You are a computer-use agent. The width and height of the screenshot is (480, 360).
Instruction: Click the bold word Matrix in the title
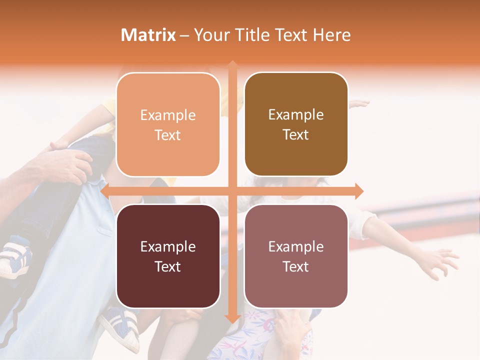pyautogui.click(x=148, y=35)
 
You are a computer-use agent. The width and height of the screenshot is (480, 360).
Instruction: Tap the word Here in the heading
pyautogui.click(x=331, y=35)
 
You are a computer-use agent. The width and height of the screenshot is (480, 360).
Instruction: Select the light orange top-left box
pyautogui.click(x=168, y=124)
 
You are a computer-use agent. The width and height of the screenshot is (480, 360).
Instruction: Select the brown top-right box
pyautogui.click(x=296, y=124)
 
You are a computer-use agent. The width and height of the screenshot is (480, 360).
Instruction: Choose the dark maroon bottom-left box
pyautogui.click(x=168, y=256)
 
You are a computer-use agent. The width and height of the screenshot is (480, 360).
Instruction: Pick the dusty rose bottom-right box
pyautogui.click(x=296, y=256)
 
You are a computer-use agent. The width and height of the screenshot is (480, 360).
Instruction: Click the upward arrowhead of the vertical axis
pyautogui.click(x=232, y=64)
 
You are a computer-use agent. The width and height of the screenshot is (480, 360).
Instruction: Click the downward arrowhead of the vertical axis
pyautogui.click(x=232, y=318)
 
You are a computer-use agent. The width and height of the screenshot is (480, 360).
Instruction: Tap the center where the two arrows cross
pyautogui.click(x=232, y=191)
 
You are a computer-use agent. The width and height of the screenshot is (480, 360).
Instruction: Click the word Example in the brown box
pyautogui.click(x=296, y=114)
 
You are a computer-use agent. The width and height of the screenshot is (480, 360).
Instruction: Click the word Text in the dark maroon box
pyautogui.click(x=168, y=266)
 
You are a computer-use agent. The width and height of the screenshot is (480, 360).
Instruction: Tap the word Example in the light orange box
pyautogui.click(x=168, y=115)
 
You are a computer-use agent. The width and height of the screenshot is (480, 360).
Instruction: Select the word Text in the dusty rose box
pyautogui.click(x=296, y=266)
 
